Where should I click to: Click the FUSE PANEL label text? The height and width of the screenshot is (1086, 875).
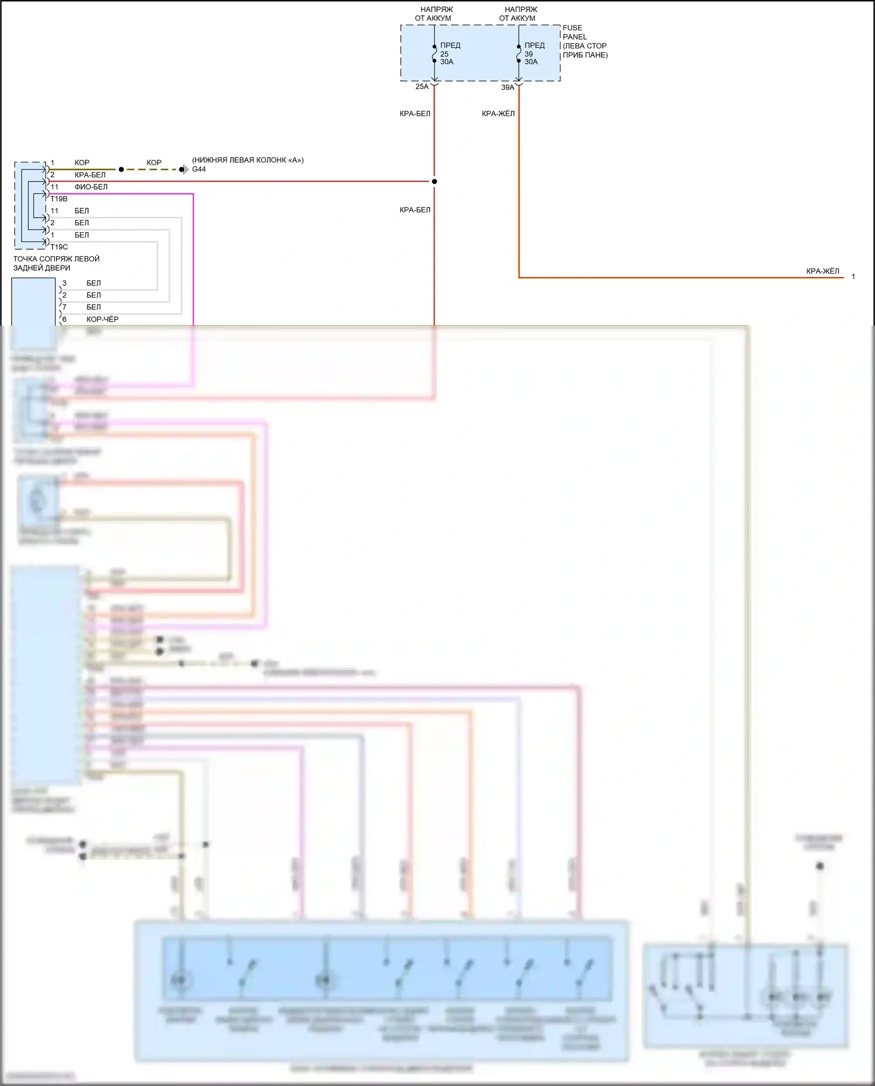[572, 32]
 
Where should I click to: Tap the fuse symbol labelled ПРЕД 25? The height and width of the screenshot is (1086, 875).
[435, 54]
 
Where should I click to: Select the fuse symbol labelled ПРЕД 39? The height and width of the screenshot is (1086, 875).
[519, 54]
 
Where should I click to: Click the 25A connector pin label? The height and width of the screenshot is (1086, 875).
[422, 86]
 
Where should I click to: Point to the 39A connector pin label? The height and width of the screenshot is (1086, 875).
[508, 88]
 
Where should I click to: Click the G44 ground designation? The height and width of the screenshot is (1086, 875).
[199, 169]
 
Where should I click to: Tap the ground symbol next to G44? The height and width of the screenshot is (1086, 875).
[184, 169]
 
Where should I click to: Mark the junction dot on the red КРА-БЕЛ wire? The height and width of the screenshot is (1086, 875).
[435, 181]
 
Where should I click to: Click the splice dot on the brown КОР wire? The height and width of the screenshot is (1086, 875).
[121, 169]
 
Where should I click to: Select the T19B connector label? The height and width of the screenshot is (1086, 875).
[59, 199]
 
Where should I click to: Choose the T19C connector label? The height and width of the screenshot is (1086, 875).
[59, 247]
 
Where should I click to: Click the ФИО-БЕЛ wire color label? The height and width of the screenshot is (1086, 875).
[91, 187]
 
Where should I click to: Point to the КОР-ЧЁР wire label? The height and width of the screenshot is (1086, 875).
[103, 319]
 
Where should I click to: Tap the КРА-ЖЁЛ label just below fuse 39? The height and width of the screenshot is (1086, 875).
[498, 114]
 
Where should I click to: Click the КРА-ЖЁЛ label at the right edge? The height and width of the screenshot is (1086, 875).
[822, 271]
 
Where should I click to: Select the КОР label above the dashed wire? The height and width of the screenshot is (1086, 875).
[154, 162]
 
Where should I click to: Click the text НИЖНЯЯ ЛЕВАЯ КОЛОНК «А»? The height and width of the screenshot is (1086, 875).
[248, 160]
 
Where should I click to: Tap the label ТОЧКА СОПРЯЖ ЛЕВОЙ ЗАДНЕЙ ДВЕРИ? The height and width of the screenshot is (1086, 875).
[57, 263]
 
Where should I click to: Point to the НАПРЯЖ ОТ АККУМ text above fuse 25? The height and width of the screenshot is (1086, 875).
[433, 13]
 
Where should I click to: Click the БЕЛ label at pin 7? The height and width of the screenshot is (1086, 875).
[93, 307]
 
